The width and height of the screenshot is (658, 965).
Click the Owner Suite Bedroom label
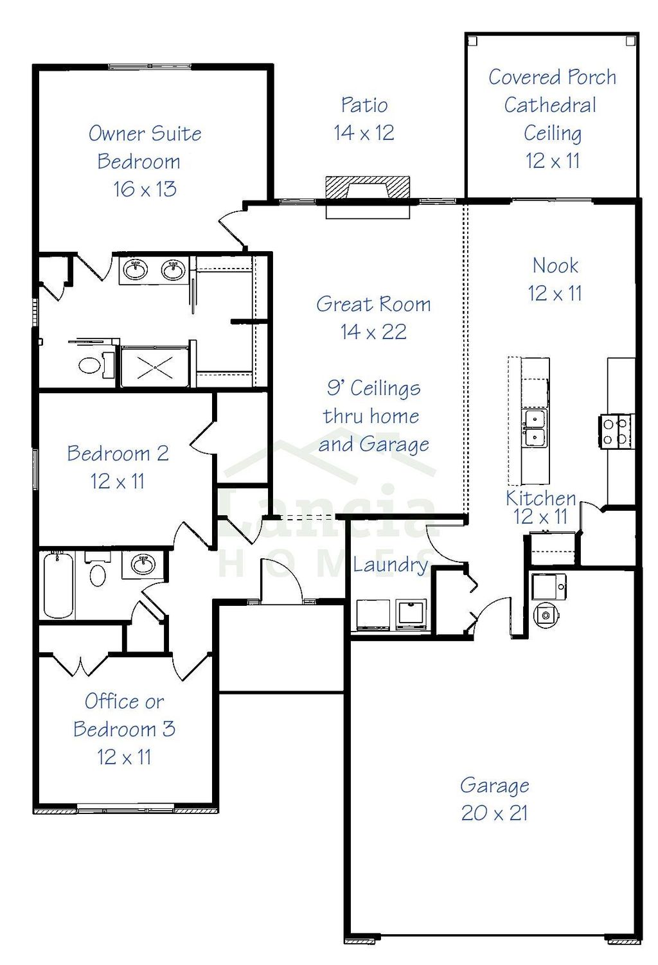(145, 147)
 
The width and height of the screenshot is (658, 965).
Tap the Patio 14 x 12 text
(364, 119)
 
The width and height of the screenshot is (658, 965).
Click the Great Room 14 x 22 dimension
(373, 332)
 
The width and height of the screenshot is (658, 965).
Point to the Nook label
(555, 265)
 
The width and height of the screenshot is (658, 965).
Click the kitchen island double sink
(535, 429)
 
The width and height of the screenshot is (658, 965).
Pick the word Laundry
(390, 565)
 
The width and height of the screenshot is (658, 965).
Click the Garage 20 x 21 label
(495, 799)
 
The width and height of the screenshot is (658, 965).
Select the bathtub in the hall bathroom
(58, 585)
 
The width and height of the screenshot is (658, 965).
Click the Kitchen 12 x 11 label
(540, 507)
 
